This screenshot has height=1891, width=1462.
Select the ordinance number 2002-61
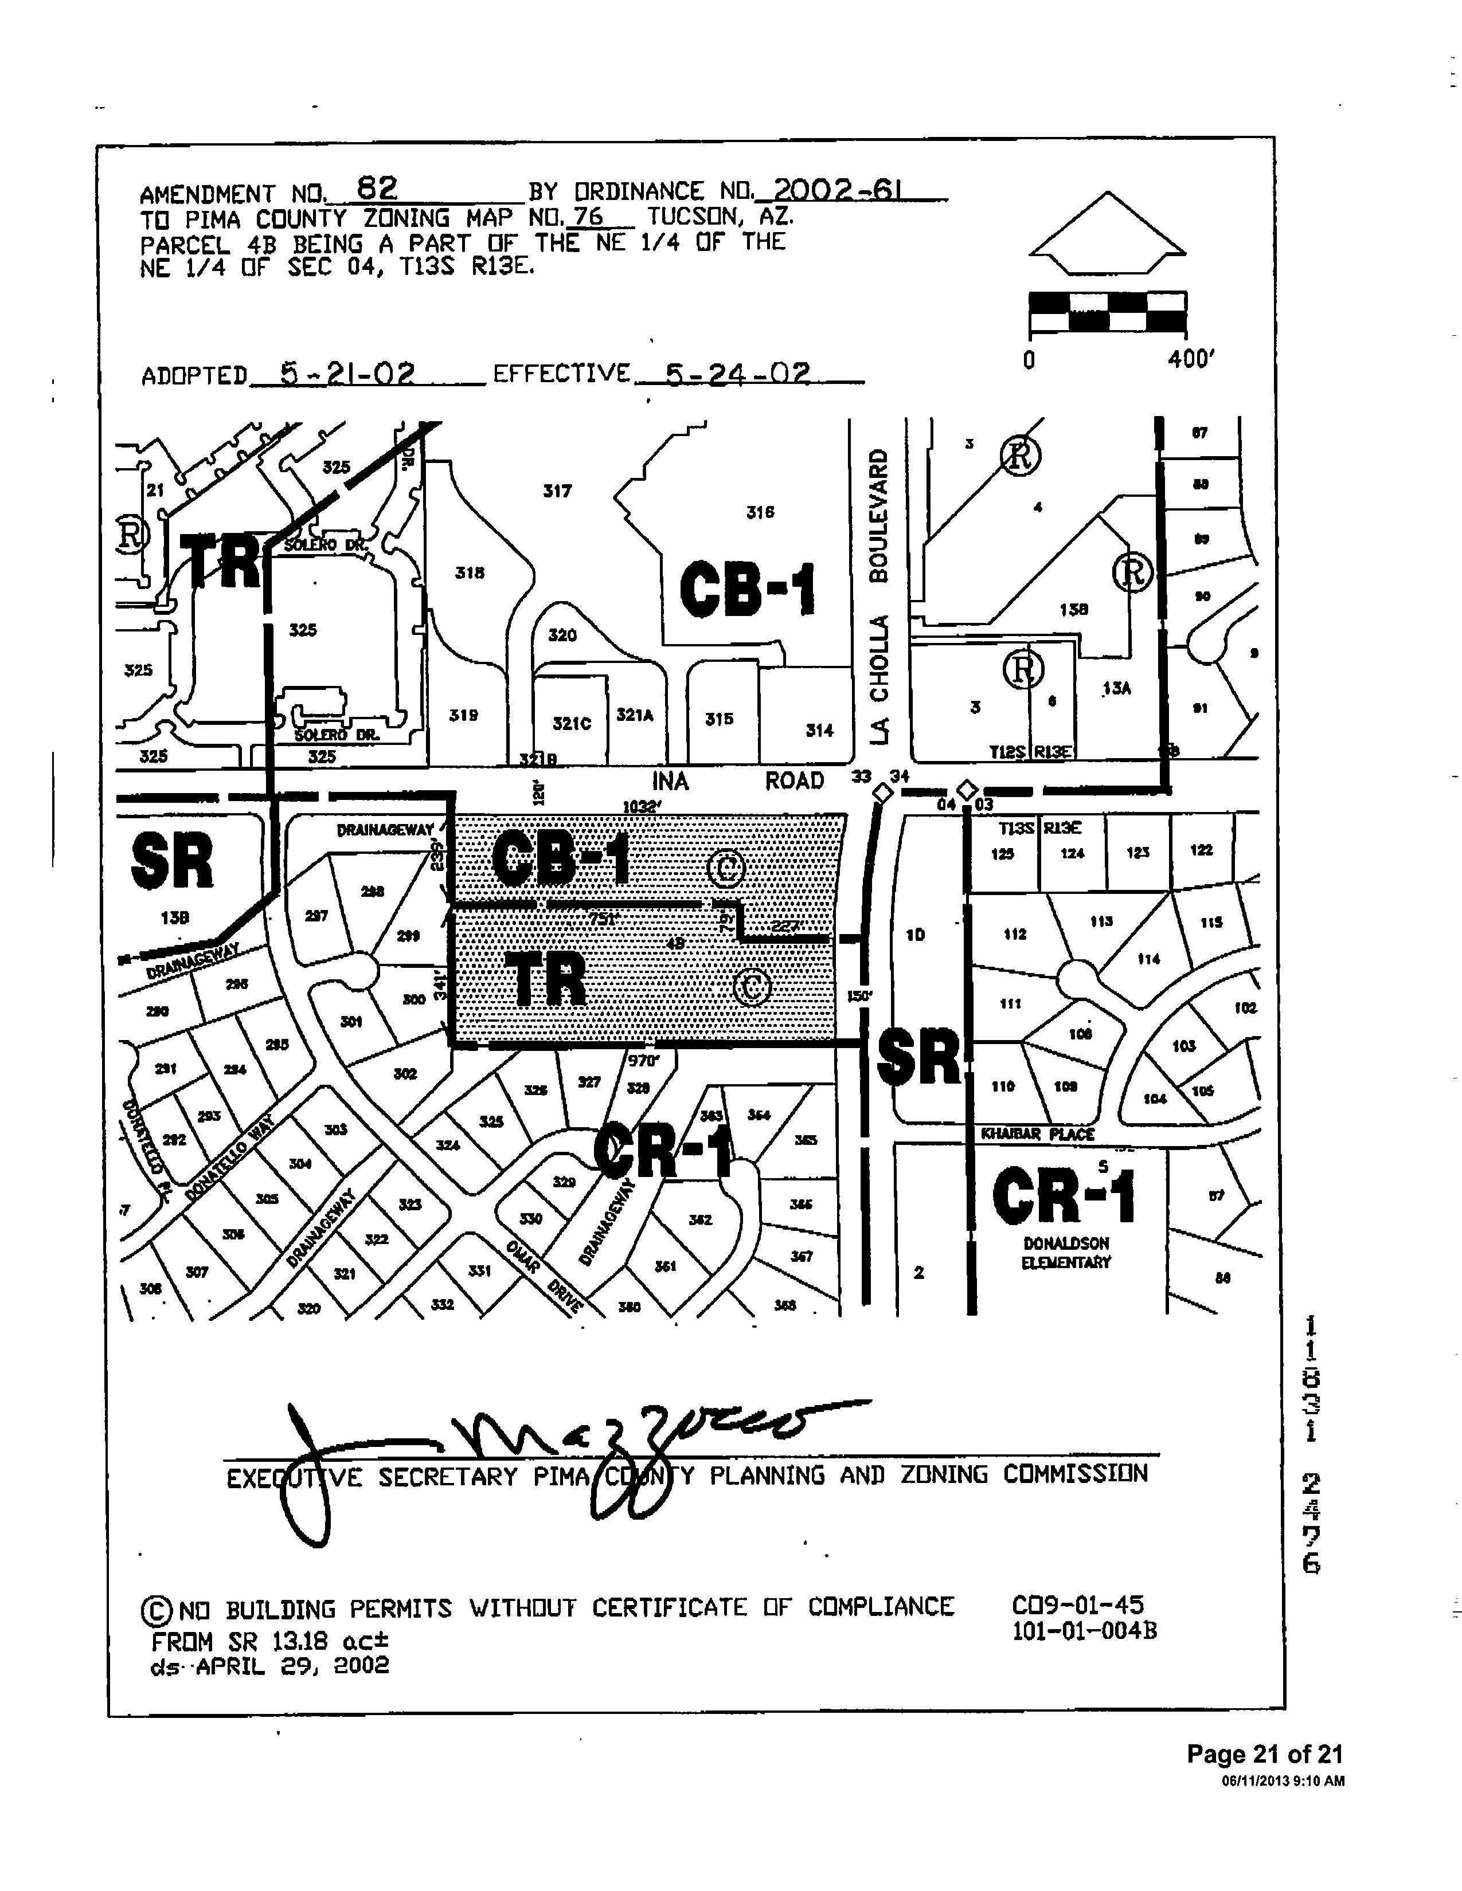click(836, 190)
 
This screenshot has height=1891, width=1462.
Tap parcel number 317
click(557, 491)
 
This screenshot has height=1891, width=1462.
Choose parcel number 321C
click(572, 723)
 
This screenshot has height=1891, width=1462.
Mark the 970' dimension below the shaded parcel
click(643, 1060)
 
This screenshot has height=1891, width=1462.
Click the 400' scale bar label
click(1191, 359)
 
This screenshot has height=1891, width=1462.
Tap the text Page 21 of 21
click(1264, 1754)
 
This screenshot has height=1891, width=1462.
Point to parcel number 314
click(819, 730)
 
